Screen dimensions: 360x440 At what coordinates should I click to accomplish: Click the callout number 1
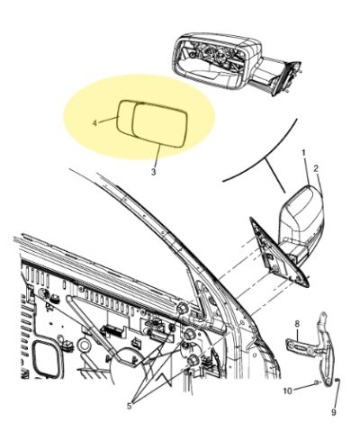point(303,154)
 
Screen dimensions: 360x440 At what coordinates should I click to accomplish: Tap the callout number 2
point(316,169)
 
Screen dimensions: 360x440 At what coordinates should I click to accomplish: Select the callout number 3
point(153,172)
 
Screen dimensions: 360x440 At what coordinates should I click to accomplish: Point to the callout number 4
point(94,123)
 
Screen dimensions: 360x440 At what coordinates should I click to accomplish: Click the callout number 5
point(130,406)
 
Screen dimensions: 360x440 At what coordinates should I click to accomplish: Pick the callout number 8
point(297,324)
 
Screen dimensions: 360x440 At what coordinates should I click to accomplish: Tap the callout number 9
point(334,413)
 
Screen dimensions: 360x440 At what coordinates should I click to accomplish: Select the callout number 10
point(288,391)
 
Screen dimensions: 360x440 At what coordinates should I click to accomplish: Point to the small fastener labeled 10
point(318,382)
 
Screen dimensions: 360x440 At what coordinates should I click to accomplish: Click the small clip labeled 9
point(337,381)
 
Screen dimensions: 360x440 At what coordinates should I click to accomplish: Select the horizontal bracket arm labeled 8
point(301,348)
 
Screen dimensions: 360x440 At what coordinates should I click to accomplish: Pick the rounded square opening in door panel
point(48,358)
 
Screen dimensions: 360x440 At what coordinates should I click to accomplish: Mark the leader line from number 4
point(108,121)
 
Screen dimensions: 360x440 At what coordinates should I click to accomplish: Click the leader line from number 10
point(304,386)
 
